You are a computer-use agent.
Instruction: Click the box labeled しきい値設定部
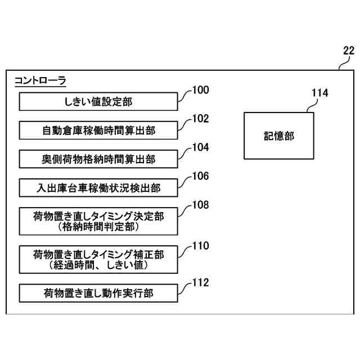tap(99, 102)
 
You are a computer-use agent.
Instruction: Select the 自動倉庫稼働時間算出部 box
tap(99, 130)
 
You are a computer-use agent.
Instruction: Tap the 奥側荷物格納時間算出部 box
tap(99, 159)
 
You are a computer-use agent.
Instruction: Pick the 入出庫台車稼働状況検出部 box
tap(99, 188)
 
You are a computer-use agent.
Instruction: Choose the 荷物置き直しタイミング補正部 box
tap(99, 259)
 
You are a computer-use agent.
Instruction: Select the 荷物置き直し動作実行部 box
tap(99, 293)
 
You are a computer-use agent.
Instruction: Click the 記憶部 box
tap(279, 136)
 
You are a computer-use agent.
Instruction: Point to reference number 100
tap(200, 90)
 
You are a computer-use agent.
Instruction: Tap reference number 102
tap(200, 119)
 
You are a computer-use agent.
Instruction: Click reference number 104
tap(200, 147)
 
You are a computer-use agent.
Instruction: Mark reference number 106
tap(200, 176)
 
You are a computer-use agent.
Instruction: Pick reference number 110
tap(200, 245)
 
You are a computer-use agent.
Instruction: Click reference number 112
tap(200, 282)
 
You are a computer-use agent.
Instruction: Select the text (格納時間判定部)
tap(99, 226)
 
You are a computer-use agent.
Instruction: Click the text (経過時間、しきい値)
tap(99, 265)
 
